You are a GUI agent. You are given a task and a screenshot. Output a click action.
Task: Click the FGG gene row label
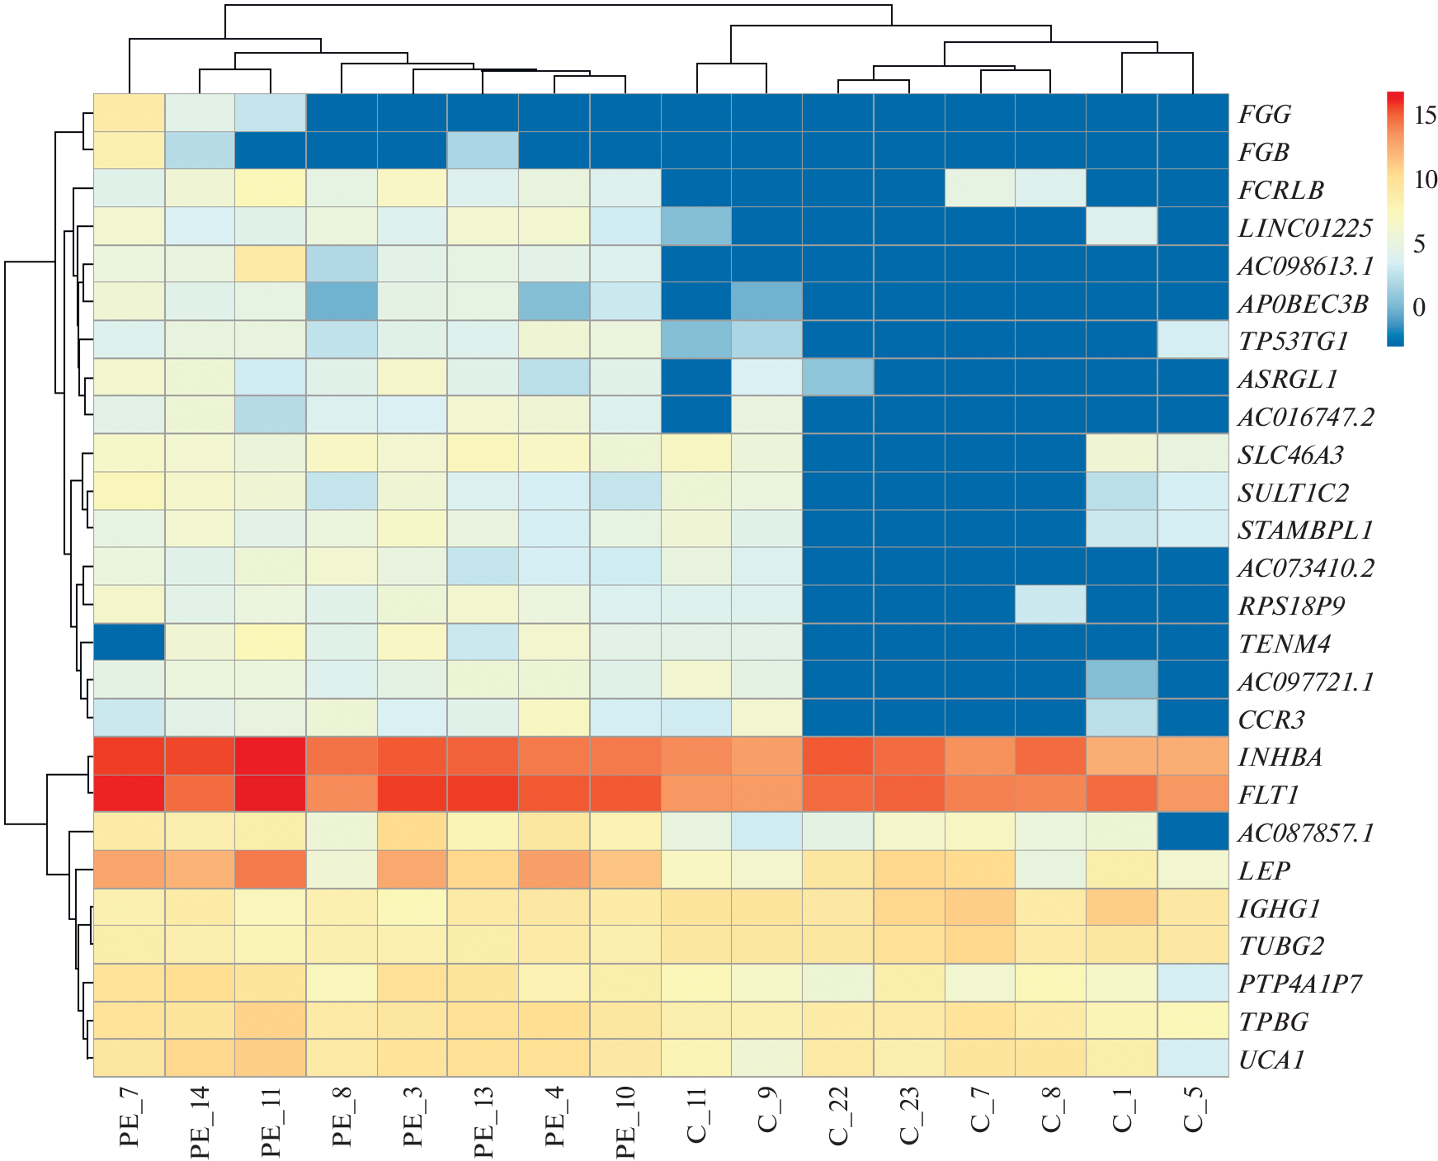pos(1264,114)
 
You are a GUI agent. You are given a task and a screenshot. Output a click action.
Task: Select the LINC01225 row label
pos(1304,228)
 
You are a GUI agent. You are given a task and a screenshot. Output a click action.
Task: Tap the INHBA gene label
pos(1280,757)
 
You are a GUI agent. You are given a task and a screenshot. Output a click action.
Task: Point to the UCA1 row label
pos(1271,1060)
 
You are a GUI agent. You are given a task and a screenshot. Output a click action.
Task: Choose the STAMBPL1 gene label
pos(1304,530)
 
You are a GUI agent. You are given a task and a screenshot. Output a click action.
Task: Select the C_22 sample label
pos(838,1117)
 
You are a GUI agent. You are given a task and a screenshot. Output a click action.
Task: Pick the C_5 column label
pos(1193,1110)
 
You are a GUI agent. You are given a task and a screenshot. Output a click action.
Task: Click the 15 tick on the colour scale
pos(1425,115)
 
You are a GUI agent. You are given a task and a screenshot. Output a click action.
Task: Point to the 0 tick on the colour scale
pos(1419,308)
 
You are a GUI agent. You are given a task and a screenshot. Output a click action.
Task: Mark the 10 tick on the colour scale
pos(1425,179)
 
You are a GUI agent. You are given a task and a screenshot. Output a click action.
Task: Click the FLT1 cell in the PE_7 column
pos(130,795)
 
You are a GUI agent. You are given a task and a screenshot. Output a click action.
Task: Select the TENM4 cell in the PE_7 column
pos(130,643)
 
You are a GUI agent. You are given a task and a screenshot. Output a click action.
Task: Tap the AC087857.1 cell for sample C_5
pos(1193,833)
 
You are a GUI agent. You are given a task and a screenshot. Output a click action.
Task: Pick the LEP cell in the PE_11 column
pos(271,871)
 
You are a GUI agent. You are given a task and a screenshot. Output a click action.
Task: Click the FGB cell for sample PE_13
pos(483,151)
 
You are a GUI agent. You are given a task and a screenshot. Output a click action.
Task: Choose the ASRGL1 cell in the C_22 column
pos(838,378)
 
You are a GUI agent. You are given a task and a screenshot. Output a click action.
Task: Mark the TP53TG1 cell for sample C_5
pos(1193,340)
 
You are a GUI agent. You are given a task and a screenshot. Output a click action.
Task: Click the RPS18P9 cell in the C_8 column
pos(1050,605)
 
